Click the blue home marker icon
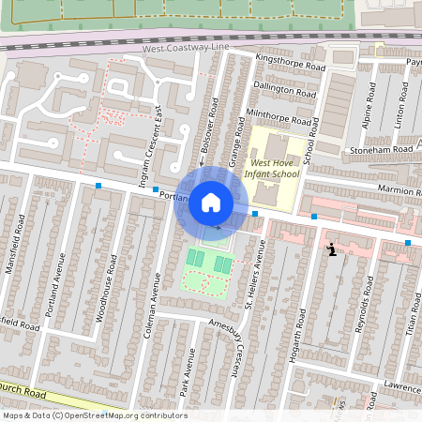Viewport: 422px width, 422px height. (x=211, y=202)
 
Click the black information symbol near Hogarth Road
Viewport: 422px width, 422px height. (x=332, y=249)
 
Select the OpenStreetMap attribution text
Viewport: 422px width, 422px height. (x=95, y=414)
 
